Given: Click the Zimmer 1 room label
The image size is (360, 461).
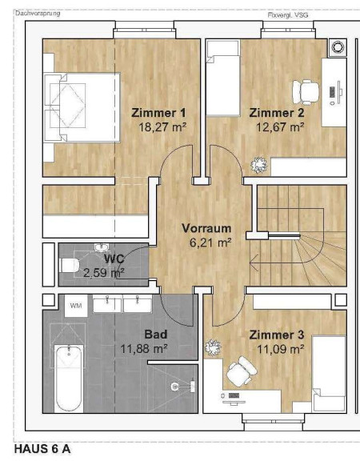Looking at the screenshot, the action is click(158, 113).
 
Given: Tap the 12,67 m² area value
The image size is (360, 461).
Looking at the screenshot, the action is click(280, 127).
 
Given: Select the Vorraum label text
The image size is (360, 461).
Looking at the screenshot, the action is click(206, 228).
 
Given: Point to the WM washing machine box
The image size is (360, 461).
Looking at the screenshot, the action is click(76, 306).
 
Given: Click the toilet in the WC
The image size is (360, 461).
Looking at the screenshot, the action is click(70, 265).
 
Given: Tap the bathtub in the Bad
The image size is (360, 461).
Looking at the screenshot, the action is click(69, 379).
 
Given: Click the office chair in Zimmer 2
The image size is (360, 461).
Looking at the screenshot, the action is click(306, 92).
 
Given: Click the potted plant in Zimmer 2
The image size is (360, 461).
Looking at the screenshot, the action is click(259, 165).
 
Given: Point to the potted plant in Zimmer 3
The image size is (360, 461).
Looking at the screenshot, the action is click(213, 347).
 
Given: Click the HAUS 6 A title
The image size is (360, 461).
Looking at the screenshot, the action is click(42, 449).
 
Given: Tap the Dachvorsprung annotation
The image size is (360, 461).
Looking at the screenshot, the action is click(38, 14).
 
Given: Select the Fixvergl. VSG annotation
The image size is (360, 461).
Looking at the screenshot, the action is click(288, 15).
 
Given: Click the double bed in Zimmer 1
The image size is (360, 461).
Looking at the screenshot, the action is click(82, 107).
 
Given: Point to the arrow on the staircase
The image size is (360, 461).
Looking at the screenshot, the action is click(254, 263).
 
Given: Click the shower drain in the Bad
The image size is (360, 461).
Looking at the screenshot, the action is click(174, 387).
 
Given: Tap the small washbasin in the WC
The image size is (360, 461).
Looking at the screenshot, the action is click(102, 247).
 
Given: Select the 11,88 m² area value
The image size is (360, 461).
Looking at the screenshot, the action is click(144, 349).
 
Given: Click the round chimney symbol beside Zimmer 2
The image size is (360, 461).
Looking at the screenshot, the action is click(337, 47).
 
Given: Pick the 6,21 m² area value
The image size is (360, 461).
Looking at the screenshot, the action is click(210, 243).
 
